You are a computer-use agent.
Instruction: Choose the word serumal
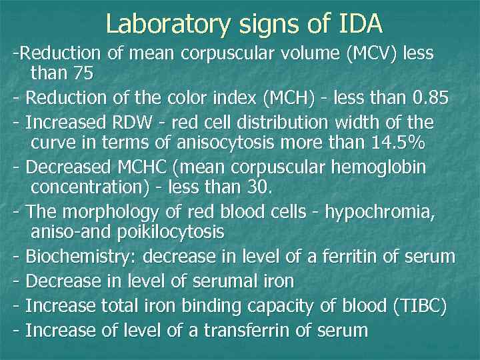coord(205,281)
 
